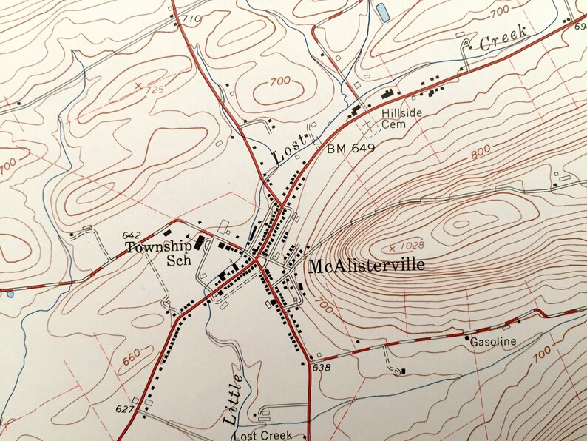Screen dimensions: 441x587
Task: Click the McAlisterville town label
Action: pyautogui.click(x=367, y=265)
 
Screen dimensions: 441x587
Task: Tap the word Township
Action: pyautogui.click(x=158, y=247)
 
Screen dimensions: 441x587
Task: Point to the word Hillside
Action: pyautogui.click(x=401, y=113)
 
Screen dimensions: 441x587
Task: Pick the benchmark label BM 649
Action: pyautogui.click(x=350, y=149)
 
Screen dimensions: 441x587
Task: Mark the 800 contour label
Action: pyautogui.click(x=481, y=154)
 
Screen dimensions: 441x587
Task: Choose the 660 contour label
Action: pyautogui.click(x=131, y=359)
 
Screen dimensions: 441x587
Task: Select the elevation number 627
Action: pyautogui.click(x=126, y=409)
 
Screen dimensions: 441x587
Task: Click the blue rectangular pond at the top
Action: pyautogui.click(x=382, y=12)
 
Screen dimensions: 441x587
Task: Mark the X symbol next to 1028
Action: pyautogui.click(x=391, y=247)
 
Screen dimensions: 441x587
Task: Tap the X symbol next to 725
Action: pyautogui.click(x=138, y=86)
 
